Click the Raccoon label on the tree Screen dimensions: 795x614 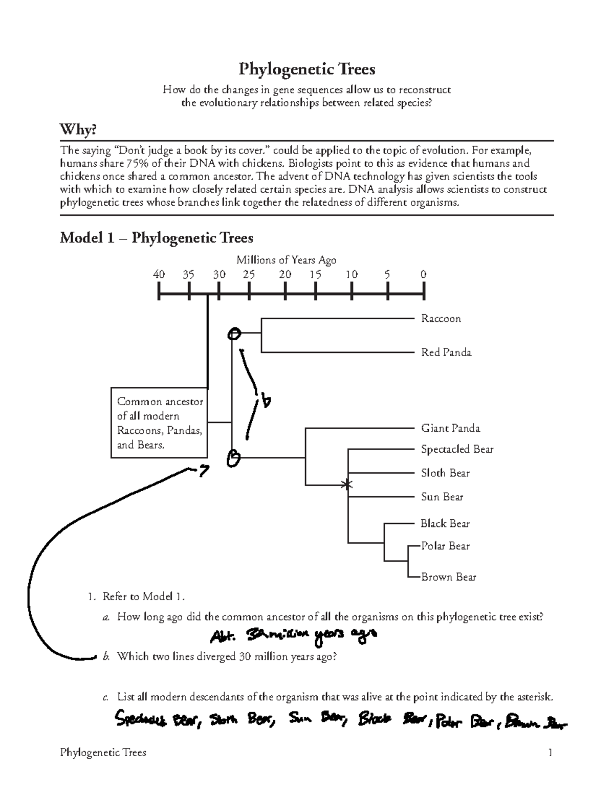pyautogui.click(x=441, y=319)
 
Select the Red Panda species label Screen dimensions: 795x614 pyautogui.click(x=446, y=352)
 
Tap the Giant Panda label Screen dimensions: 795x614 pyautogui.click(x=450, y=428)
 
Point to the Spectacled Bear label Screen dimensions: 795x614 pyautogui.click(x=457, y=449)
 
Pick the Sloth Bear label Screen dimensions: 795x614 pyautogui.click(x=445, y=473)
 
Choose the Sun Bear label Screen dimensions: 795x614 pyautogui.click(x=442, y=497)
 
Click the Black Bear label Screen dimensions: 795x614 pyautogui.click(x=445, y=523)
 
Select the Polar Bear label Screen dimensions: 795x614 pyautogui.click(x=445, y=546)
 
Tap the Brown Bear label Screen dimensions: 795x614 pyautogui.click(x=448, y=577)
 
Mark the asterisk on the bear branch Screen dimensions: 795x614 pyautogui.click(x=348, y=484)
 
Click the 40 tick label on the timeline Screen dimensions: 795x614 pyautogui.click(x=159, y=274)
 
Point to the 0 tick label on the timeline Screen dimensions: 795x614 pyautogui.click(x=423, y=274)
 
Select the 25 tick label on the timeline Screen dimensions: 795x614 pyautogui.click(x=249, y=274)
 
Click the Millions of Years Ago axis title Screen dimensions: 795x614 pyautogui.click(x=286, y=260)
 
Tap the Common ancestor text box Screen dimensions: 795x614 pyautogui.click(x=159, y=423)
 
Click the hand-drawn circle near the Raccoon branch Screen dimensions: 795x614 pyautogui.click(x=234, y=334)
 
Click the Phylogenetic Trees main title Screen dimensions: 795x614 pyautogui.click(x=307, y=69)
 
